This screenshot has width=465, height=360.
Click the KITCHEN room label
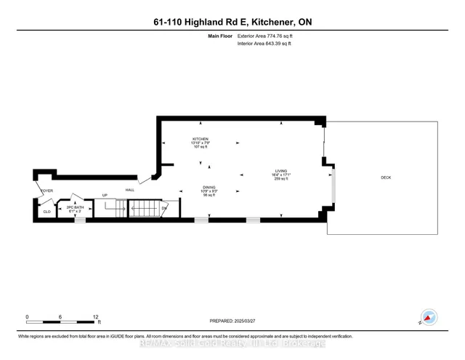pyautogui.click(x=201, y=139)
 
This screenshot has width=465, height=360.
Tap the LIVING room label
pyautogui.click(x=280, y=171)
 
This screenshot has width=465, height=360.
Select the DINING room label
pyautogui.click(x=209, y=187)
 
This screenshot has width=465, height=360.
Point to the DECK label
pyautogui.click(x=385, y=178)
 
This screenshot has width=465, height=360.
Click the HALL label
pyautogui.click(x=130, y=190)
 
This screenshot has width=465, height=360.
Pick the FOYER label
pyautogui.click(x=47, y=192)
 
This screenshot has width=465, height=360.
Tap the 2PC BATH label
pyautogui.click(x=75, y=207)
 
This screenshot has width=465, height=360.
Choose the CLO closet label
pyautogui.click(x=46, y=212)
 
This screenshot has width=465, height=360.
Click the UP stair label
pyautogui.click(x=104, y=196)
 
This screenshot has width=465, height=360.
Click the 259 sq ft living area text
pyautogui.click(x=280, y=179)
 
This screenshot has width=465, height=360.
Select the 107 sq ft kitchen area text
pyautogui.click(x=201, y=147)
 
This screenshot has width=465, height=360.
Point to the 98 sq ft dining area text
pyautogui.click(x=209, y=195)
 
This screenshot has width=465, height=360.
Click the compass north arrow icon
pyautogui.click(x=429, y=318)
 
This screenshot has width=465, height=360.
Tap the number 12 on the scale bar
pyautogui.click(x=95, y=317)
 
